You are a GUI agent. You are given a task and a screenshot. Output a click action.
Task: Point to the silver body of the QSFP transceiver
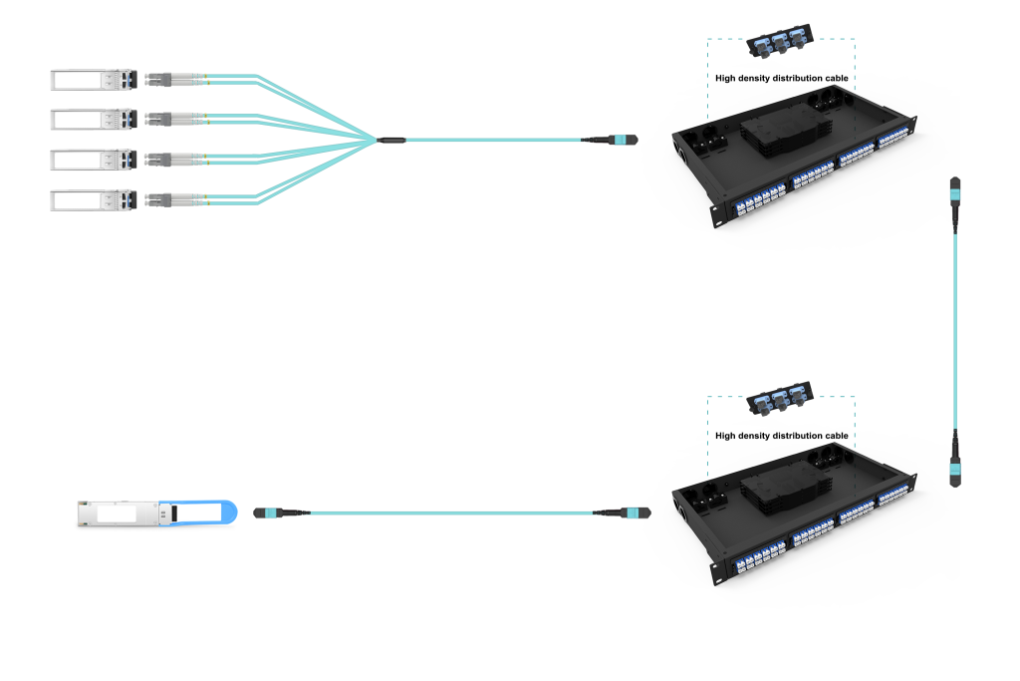coord(125,512)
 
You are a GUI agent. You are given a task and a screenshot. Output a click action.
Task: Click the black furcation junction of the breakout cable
coord(390,140)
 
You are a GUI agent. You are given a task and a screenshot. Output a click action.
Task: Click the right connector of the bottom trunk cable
coord(630,512)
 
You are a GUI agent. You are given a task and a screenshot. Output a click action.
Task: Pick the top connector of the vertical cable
coord(955,190)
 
